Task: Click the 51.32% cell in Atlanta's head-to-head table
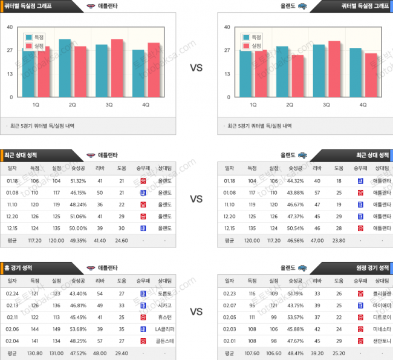pos(78,180)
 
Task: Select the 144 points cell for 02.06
pos(34,329)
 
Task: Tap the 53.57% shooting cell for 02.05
pos(296,317)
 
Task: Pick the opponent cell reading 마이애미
pos(382,305)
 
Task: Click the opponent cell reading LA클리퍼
pos(164,329)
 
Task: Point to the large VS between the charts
pos(196,68)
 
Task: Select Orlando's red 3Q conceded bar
pos(334,68)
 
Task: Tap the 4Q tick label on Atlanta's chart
pos(145,105)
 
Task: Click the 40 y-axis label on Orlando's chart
pos(227,27)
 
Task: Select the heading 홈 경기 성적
pos(20,267)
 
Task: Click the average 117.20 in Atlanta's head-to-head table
pos(34,240)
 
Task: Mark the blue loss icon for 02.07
pos(360,305)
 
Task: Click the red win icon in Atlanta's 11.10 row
pos(143,205)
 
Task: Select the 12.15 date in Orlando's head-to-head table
pos(230,228)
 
